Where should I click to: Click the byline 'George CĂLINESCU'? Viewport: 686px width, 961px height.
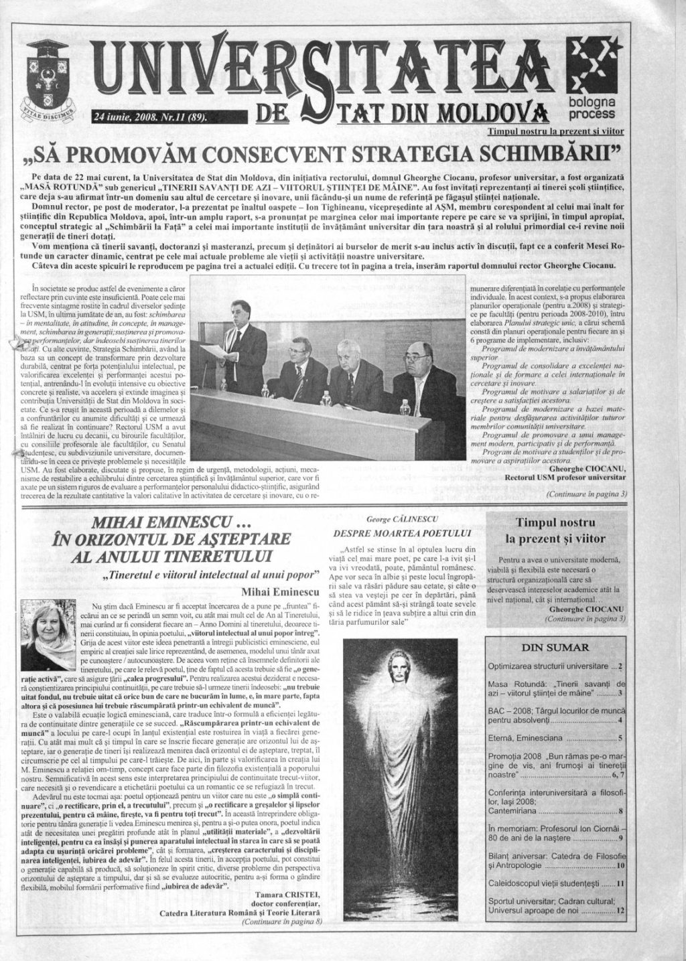click(401, 518)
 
